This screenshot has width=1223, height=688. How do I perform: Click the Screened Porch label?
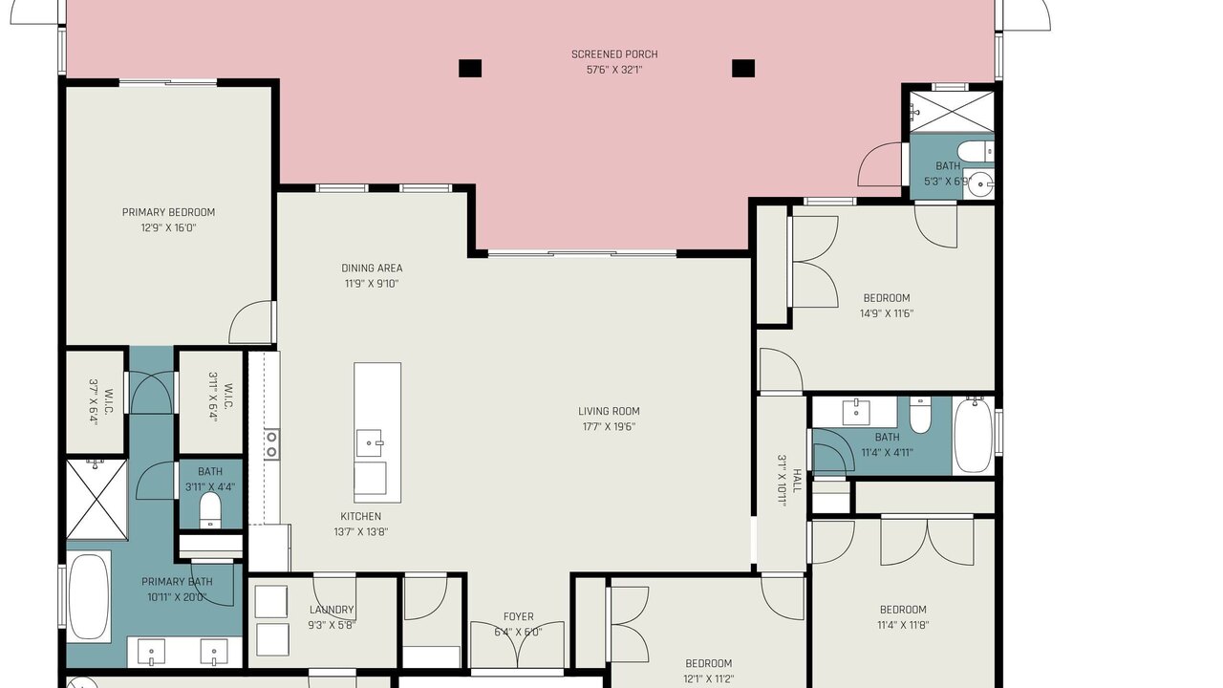pos(614,54)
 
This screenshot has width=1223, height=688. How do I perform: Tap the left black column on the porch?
pos(469,68)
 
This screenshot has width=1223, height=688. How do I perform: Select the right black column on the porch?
pos(743,68)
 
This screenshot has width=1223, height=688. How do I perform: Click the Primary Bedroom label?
pos(168,212)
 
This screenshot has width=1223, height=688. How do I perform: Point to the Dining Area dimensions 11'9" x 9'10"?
pos(372,284)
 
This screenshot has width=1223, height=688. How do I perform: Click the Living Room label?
pos(609,411)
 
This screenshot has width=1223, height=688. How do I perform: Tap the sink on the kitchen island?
pos(369,442)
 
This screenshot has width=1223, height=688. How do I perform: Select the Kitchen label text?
pos(361,517)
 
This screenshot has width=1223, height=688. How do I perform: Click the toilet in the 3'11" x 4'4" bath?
pos(209,510)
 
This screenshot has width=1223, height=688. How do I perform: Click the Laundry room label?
pos(332,610)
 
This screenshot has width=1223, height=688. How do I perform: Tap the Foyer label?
pos(518,617)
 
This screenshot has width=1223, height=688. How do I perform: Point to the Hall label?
pos(797,481)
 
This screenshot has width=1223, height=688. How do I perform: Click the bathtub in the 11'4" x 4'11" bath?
pos(974,435)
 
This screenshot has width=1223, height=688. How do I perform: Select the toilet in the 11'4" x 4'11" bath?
pos(920,415)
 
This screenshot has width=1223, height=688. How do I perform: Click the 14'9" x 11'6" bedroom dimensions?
pos(887,314)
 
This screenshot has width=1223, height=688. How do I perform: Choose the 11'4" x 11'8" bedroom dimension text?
pos(903,625)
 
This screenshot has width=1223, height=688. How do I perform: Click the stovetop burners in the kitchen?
pos(271,444)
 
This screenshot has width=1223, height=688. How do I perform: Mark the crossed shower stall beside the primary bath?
pos(97,500)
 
